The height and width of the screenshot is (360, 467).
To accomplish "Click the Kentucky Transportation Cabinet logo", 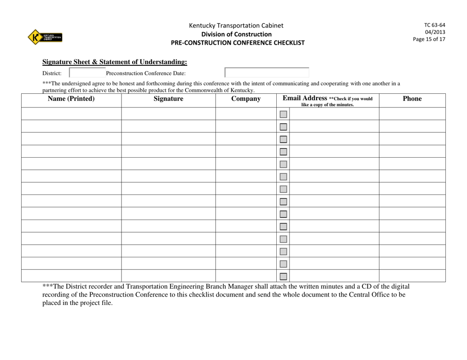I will pos(45,37).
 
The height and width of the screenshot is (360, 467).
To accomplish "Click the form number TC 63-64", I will pos(435,25).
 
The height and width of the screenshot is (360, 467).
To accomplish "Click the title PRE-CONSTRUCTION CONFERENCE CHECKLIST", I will pos(237,43).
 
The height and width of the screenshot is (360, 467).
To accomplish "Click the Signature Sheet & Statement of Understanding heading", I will pos(115,62).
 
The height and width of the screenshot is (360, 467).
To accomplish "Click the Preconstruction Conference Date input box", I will pos(267,73).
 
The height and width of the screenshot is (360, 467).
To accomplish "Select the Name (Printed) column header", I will pos(71,99).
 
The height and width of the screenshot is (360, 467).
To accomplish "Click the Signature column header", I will pos(168,99).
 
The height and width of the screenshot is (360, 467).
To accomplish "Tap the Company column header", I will pos(245,99).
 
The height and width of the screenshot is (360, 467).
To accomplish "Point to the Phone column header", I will pos(412,99).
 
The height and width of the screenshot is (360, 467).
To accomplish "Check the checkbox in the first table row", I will pos(283,114).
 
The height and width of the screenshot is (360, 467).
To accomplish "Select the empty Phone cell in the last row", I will pos(412,276).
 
